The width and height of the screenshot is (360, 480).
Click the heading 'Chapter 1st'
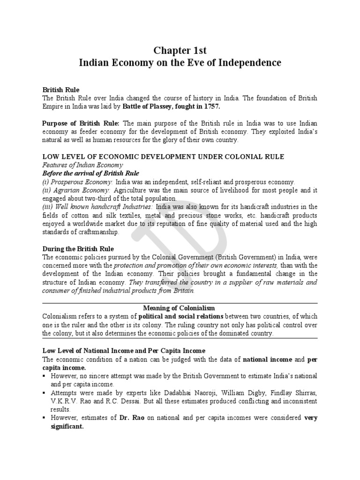click(x=180, y=50)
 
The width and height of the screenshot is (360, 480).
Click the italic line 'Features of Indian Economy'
click(x=82, y=165)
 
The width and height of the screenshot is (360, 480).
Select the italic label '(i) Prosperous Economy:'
click(x=78, y=182)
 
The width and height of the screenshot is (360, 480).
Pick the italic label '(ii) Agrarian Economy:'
click(x=76, y=190)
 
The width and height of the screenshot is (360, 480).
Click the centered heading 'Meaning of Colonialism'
click(x=180, y=308)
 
